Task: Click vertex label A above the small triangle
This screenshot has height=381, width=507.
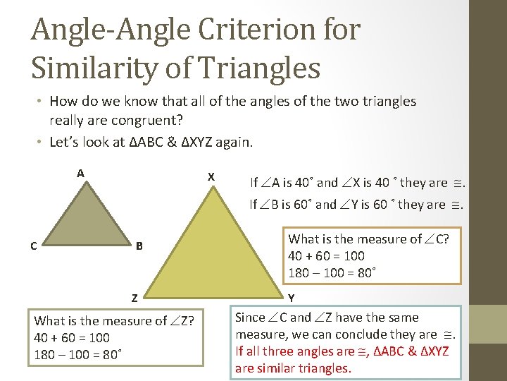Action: coord(81,174)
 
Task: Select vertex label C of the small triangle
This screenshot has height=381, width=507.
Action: coord(34,246)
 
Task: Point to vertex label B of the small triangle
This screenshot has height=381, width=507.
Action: coord(139,246)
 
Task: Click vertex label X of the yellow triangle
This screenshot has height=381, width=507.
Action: coord(211,176)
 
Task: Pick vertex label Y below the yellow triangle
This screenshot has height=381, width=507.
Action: coord(292,298)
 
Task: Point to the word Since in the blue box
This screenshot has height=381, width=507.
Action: coord(250,317)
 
